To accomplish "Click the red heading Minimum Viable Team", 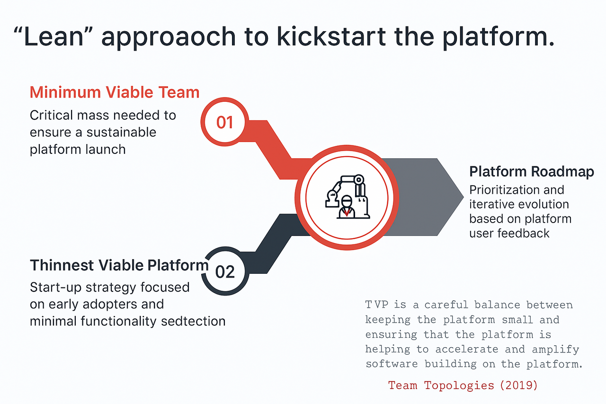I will click(x=114, y=92).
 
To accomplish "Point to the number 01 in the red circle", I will click(x=225, y=122).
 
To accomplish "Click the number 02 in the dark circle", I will click(x=225, y=271).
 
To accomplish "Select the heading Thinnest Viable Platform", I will click(x=119, y=265).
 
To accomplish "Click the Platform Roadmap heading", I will click(x=531, y=171).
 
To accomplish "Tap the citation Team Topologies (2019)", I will click(x=463, y=385).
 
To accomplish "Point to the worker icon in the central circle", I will click(x=347, y=207).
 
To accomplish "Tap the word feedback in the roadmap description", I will click(x=526, y=233).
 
